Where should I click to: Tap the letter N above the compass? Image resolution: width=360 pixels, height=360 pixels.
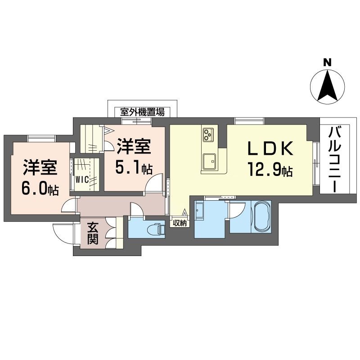(x=328, y=63)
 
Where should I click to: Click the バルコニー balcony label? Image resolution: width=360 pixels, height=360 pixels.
(x=334, y=160)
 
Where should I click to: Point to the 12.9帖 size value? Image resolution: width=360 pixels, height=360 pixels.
(x=270, y=170)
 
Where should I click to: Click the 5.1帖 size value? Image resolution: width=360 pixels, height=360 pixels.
(x=134, y=168)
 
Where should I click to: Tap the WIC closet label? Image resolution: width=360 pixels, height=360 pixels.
(x=82, y=179)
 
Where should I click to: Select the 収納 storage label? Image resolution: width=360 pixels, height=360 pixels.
(x=180, y=223)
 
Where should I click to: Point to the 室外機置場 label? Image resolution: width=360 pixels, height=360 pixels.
(x=142, y=111)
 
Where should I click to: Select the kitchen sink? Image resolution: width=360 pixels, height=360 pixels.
(x=209, y=161)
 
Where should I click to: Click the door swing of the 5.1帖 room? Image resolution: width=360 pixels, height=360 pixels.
(x=155, y=182)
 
